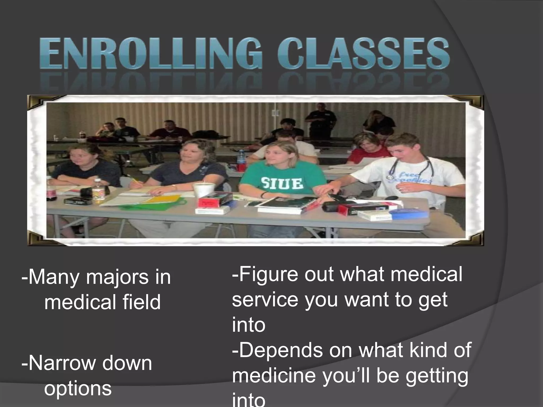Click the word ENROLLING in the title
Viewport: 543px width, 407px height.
click(151, 53)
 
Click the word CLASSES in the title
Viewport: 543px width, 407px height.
click(363, 53)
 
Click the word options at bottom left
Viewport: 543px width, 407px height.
click(78, 388)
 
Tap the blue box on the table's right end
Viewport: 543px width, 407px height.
click(410, 214)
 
